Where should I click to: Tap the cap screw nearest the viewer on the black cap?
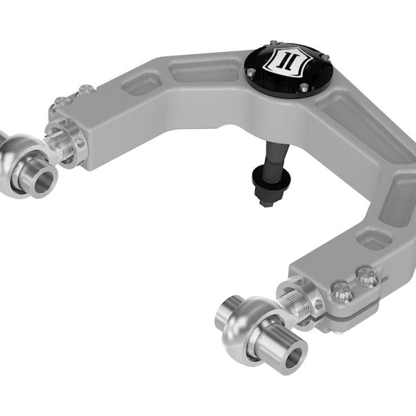click(302, 87)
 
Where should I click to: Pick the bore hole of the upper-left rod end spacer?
click(42, 180)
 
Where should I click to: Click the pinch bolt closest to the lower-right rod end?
click(342, 292)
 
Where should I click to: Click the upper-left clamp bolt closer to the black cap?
click(85, 89)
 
